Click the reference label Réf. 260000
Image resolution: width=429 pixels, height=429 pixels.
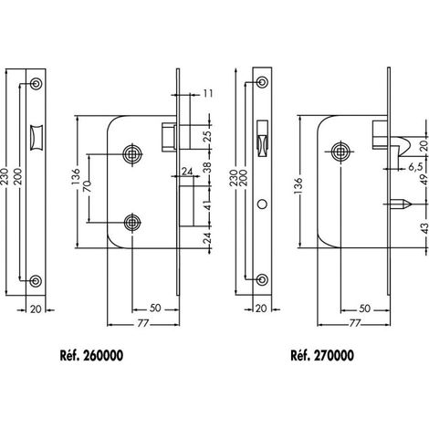pos(91,355)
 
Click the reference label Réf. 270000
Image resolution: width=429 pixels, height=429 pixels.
pos(322,355)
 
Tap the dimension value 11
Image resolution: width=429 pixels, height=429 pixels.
pos(208,93)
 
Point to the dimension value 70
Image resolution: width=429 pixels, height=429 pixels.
pos(88,186)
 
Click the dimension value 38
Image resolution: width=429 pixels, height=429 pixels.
pos(207,167)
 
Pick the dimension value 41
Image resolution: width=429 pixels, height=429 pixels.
pos(207,205)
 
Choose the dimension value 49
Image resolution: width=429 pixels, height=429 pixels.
pos(424,183)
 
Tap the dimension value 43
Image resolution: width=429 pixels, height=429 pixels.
pos(424,228)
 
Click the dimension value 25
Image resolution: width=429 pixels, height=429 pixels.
pos(207,137)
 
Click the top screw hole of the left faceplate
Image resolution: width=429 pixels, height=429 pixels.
pos(36,83)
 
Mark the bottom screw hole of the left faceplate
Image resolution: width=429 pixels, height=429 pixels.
pos(36,280)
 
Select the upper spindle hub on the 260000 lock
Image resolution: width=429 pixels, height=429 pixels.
pos(132,154)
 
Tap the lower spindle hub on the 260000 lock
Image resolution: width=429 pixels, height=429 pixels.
pos(132,223)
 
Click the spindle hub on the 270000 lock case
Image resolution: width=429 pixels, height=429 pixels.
pos(340,152)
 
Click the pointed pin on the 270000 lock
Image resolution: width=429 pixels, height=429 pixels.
pos(399,204)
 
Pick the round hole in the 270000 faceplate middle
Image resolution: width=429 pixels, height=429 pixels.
pos(262,204)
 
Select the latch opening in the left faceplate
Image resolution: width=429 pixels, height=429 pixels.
pos(36,137)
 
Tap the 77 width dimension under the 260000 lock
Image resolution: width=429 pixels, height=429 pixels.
pos(142,324)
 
